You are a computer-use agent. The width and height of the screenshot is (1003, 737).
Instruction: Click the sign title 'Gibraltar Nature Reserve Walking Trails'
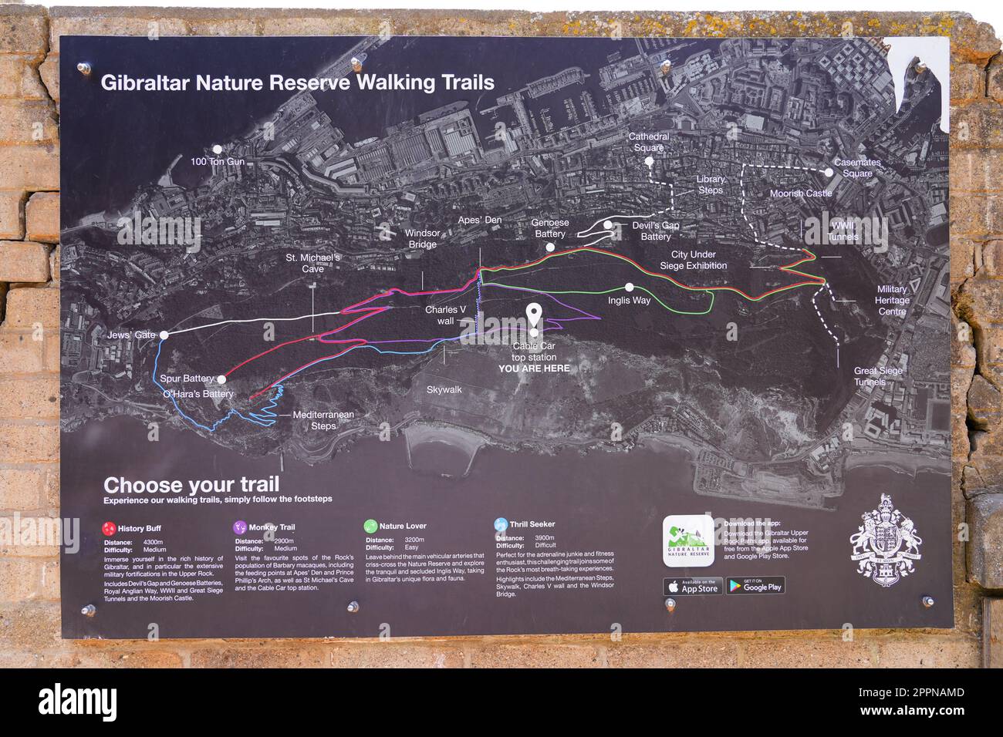click(x=298, y=82)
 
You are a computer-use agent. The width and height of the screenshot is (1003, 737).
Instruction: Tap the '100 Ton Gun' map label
click(x=218, y=163)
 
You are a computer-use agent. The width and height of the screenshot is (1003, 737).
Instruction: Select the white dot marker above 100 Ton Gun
click(x=218, y=149)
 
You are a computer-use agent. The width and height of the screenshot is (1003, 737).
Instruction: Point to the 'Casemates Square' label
click(x=857, y=168)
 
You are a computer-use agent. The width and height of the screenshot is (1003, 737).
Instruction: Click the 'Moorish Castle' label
click(x=801, y=194)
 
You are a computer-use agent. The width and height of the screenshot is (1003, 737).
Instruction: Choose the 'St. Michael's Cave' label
click(x=312, y=263)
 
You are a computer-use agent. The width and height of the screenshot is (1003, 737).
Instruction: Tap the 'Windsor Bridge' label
click(x=422, y=238)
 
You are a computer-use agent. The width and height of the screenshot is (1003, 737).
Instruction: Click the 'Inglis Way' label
click(x=629, y=301)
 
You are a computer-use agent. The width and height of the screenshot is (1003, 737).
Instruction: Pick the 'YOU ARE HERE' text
click(x=534, y=368)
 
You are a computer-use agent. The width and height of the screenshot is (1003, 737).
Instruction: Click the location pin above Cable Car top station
click(x=534, y=314)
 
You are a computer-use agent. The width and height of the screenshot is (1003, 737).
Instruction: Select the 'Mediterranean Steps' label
click(x=323, y=420)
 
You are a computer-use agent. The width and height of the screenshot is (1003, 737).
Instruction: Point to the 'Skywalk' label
click(x=444, y=390)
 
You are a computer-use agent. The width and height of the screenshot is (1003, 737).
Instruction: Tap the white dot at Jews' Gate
click(x=164, y=335)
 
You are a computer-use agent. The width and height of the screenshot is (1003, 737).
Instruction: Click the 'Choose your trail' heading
click(x=191, y=485)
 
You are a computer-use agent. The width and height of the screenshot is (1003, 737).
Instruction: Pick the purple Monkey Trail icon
click(x=239, y=527)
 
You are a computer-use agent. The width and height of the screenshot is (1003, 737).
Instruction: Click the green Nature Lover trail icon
click(x=370, y=526)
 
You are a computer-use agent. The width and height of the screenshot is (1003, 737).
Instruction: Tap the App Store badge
click(x=692, y=587)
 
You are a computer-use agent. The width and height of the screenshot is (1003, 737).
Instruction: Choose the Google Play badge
click(x=755, y=586)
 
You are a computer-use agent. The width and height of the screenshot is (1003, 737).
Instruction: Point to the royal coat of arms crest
click(x=885, y=540)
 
